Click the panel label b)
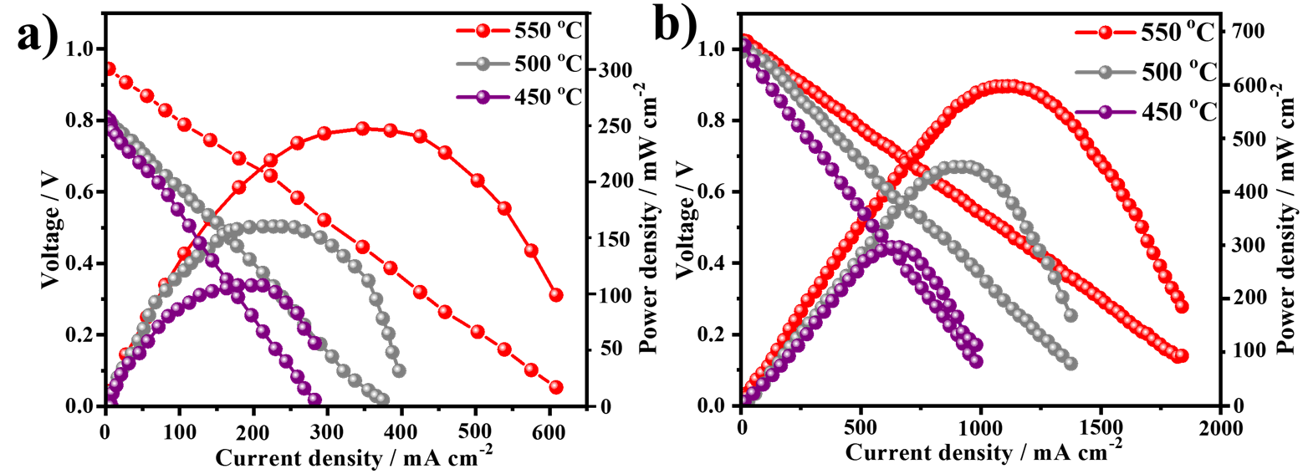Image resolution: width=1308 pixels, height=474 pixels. [x=675, y=29]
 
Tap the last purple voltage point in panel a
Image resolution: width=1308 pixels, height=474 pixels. [x=314, y=400]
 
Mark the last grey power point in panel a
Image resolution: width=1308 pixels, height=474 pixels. [x=398, y=370]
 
